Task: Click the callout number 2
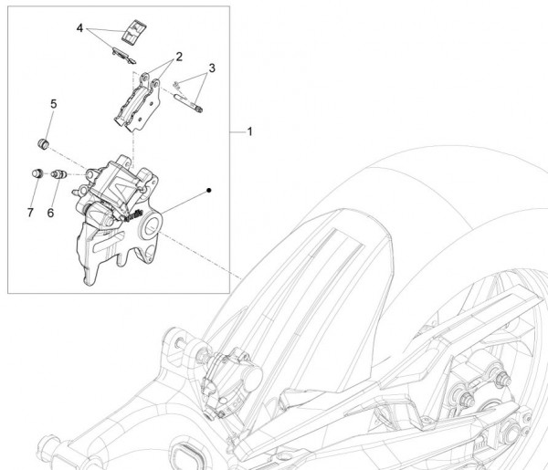[x=179, y=57]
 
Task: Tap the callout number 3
[x=211, y=68]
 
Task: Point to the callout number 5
[x=53, y=105]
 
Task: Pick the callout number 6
[x=51, y=212]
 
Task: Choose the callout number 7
[x=30, y=212]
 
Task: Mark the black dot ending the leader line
[x=209, y=190]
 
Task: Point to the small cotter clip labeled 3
[x=181, y=83]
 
